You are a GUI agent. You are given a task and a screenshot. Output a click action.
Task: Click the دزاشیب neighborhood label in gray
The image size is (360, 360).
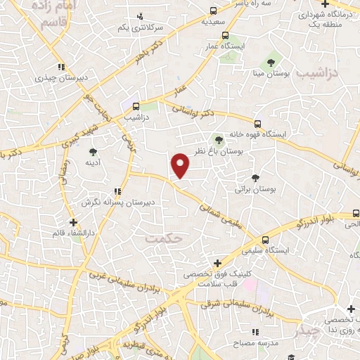point(316,73)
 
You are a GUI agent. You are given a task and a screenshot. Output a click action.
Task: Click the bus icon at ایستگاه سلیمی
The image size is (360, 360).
point(264,240)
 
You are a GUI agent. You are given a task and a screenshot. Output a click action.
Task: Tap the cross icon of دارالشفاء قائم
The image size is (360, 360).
point(73,222)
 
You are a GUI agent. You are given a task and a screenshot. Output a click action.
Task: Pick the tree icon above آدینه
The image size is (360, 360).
point(94,151)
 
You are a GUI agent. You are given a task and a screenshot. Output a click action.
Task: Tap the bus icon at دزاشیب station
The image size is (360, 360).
point(136,107)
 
